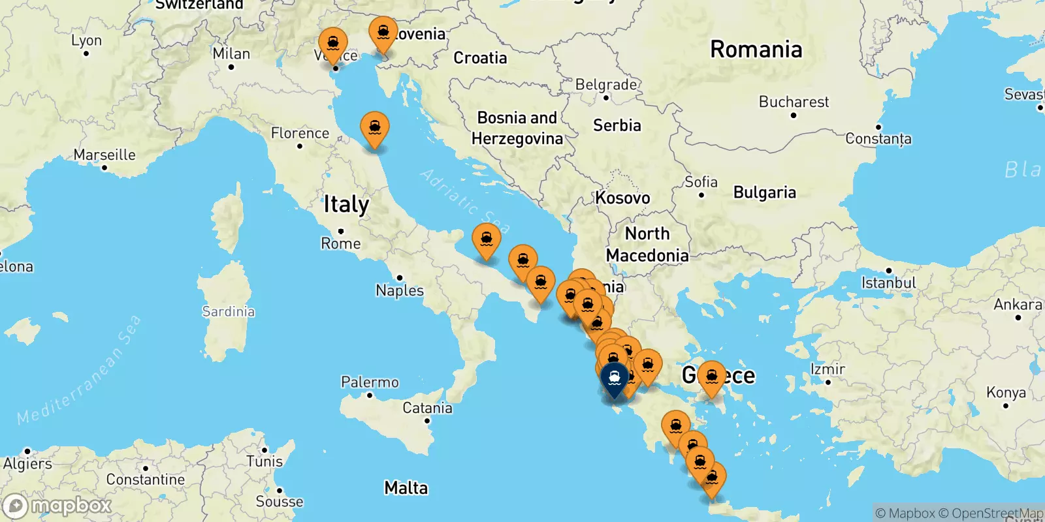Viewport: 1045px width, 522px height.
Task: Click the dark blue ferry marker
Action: coord(615,378)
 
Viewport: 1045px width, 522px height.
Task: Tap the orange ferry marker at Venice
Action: coord(333,43)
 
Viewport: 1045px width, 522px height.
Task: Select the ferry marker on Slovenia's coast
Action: coord(383,33)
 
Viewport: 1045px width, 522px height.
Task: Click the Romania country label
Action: coord(756,50)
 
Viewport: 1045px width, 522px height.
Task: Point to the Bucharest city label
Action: coord(794,102)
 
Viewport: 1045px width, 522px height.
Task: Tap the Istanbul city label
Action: coord(888,283)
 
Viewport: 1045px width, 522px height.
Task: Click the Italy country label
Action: coord(346,205)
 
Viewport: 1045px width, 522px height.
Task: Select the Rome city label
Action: coord(340,243)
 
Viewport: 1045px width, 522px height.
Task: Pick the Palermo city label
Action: coord(370,382)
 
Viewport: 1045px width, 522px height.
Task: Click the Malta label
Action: coord(406,488)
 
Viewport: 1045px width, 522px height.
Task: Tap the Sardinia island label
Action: coord(228,311)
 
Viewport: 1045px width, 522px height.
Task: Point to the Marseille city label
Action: coord(104,155)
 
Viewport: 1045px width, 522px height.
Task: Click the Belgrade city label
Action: coord(605,85)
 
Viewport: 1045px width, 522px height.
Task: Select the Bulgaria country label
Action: coord(764,192)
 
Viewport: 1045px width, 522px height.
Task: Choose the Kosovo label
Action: coord(622,198)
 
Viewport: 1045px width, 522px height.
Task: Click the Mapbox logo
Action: coord(57,506)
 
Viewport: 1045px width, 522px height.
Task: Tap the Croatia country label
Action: coord(480,58)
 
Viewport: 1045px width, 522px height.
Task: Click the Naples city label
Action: coord(400,290)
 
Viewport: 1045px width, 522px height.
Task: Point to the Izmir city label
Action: coord(828,369)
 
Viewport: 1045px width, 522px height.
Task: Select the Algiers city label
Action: coord(27,463)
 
